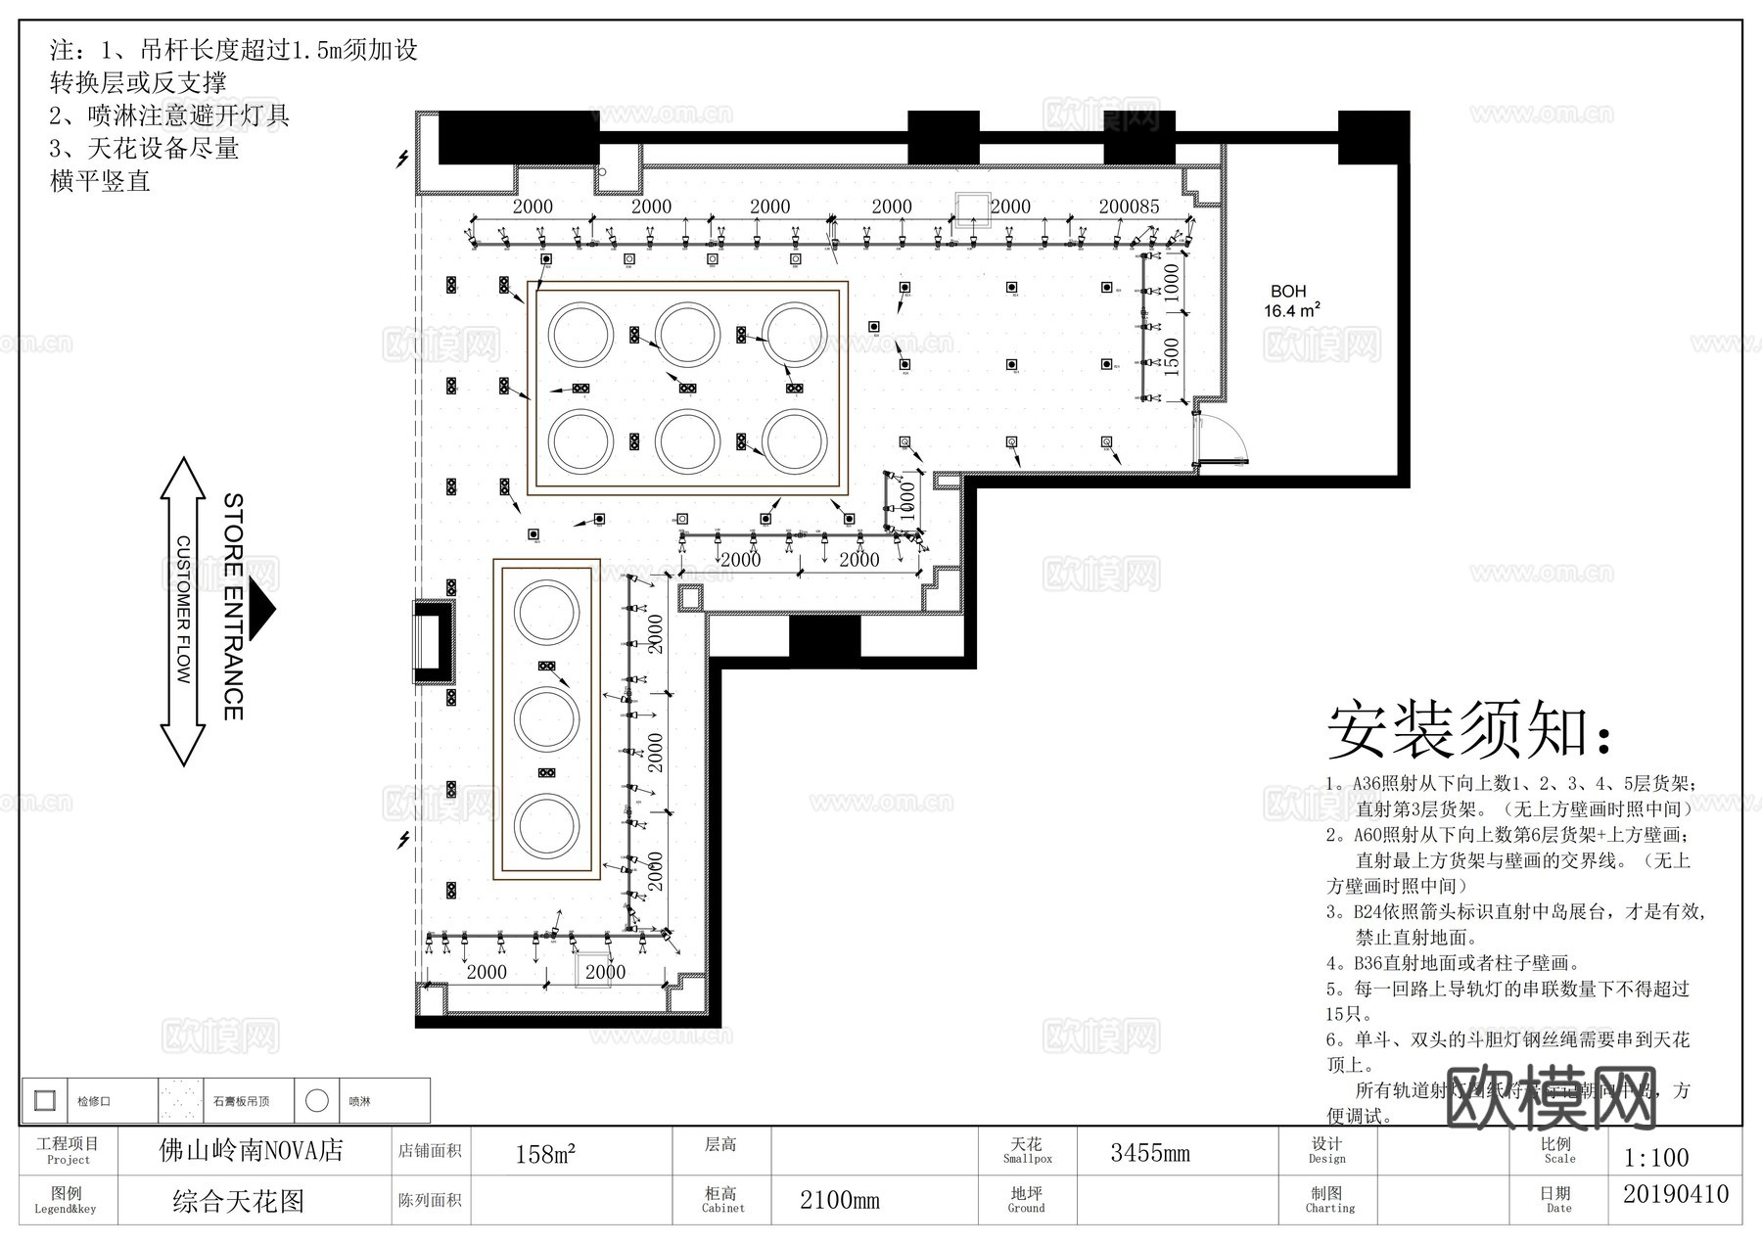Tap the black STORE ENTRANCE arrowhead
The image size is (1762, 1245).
262,609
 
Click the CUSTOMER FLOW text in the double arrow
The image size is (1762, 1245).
183,609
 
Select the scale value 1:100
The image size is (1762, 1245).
1655,1158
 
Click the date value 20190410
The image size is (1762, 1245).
1675,1195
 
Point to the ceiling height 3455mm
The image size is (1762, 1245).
1150,1153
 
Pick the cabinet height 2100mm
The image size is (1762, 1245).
839,1200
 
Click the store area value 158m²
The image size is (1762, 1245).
545,1154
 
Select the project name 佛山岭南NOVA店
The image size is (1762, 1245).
252,1150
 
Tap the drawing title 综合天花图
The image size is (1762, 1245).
239,1201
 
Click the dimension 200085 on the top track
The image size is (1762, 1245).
1129,207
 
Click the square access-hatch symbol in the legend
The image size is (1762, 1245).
44,1100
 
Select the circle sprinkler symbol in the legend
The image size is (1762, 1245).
316,1100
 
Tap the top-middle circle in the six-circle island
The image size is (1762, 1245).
687,335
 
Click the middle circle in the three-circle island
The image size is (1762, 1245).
547,720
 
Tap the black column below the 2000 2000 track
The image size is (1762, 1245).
824,637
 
